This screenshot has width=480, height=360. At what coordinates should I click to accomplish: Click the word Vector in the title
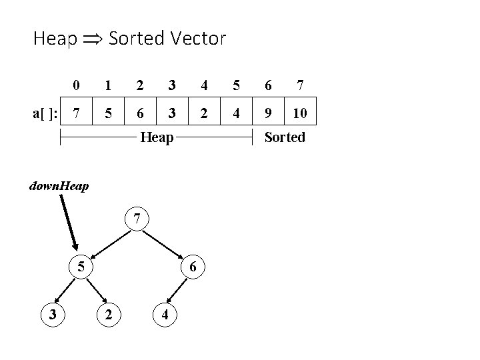coord(197,39)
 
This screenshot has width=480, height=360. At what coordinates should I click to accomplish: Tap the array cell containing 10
coord(300,113)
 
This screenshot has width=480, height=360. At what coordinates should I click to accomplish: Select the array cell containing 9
coord(268,113)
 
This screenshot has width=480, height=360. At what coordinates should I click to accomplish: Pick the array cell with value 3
coord(172,113)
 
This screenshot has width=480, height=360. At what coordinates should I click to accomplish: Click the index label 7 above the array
coord(301,85)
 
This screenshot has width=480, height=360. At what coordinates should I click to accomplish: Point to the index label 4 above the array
coord(204,85)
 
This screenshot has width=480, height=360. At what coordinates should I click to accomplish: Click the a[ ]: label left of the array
coord(45,113)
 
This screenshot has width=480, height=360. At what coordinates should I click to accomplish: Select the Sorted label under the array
coord(285,137)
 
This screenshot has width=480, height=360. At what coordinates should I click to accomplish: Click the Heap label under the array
coord(157,137)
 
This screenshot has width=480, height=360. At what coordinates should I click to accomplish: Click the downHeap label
coord(59,185)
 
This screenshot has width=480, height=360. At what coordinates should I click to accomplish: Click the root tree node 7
coord(137,218)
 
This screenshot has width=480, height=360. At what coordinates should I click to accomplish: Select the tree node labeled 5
coord(80,267)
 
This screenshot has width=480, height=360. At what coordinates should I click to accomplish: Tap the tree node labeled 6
coord(192,267)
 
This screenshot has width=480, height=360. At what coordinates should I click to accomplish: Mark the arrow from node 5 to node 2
coord(96,290)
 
